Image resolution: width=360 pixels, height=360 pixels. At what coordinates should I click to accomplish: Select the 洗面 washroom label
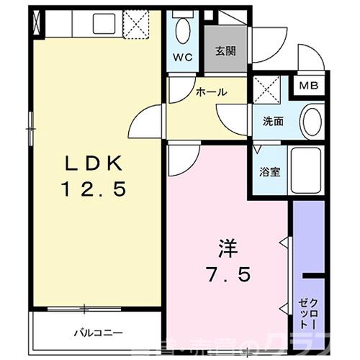(272, 121)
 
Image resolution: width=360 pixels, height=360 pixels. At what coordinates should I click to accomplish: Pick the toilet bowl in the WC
(181, 30)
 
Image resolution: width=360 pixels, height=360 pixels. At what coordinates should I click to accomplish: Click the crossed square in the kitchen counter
(134, 23)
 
